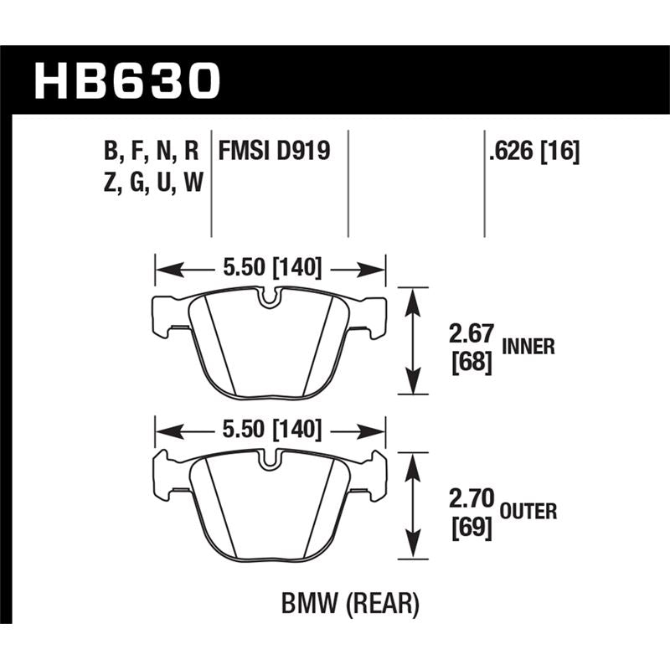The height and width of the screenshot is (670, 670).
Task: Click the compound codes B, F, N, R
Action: (x=152, y=151)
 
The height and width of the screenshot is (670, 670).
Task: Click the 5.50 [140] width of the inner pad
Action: (x=270, y=268)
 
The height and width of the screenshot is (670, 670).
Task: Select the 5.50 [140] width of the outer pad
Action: (x=270, y=430)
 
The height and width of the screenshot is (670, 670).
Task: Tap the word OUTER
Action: (x=529, y=510)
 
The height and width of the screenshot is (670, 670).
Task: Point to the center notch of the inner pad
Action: (x=270, y=298)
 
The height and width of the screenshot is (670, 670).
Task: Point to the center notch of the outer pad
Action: (x=270, y=460)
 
